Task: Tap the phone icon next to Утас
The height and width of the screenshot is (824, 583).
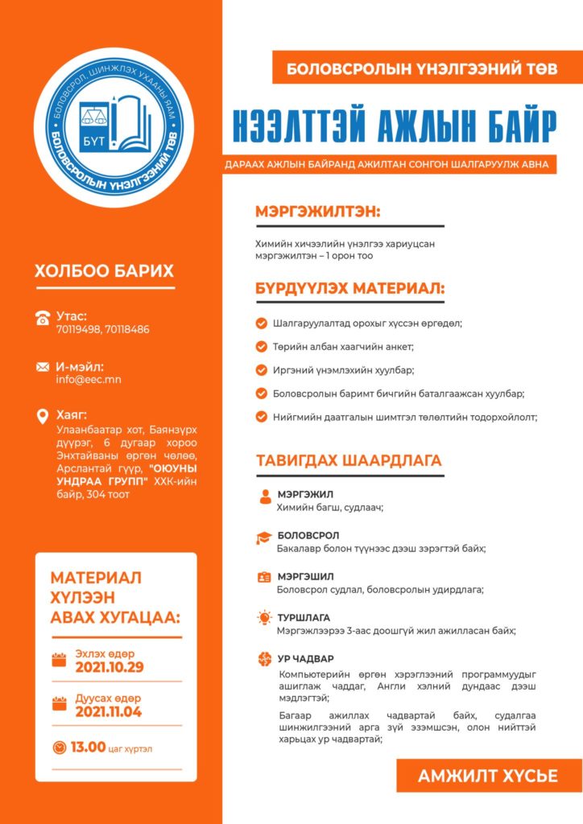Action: (43, 317)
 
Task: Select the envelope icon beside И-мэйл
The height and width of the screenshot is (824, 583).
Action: (43, 367)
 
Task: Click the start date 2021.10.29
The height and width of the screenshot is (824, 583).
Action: (110, 667)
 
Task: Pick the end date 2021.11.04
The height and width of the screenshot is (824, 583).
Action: (109, 711)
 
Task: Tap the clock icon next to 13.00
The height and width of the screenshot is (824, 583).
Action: (59, 748)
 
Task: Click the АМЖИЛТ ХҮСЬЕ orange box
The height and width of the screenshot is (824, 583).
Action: (488, 776)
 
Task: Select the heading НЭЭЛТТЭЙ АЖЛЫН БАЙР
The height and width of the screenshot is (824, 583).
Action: (394, 125)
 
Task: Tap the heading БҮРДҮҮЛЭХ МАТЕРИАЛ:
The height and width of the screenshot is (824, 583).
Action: (350, 288)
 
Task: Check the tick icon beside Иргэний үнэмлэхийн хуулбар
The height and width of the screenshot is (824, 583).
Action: (261, 370)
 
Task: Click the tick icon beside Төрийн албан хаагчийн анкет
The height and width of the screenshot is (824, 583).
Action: (261, 347)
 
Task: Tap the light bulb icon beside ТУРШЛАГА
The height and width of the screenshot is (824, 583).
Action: (263, 618)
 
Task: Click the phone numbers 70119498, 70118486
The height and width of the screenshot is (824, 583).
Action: (103, 329)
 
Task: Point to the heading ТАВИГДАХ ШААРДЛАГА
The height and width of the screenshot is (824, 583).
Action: (349, 461)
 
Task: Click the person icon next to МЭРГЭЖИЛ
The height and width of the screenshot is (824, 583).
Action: (264, 497)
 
